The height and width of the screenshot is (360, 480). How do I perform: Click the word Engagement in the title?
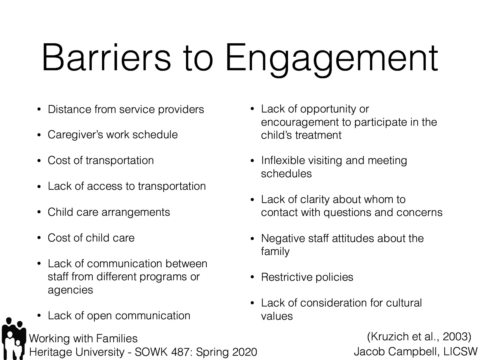click(331, 58)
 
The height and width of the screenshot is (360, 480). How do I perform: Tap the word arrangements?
click(136, 212)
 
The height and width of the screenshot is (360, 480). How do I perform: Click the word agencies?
click(70, 290)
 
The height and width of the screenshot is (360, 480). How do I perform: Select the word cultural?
click(404, 303)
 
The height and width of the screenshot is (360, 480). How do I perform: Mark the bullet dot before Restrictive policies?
click(253, 277)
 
